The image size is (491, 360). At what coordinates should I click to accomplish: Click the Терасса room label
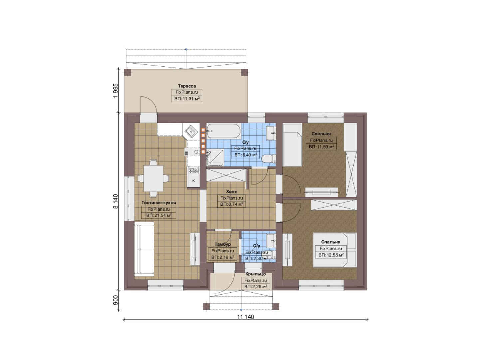pyautogui.click(x=187, y=86)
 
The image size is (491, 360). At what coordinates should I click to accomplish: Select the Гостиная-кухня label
pyautogui.click(x=159, y=203)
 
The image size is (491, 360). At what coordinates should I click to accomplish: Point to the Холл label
pyautogui.click(x=232, y=191)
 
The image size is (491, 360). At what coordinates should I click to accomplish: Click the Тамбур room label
pyautogui.click(x=222, y=244)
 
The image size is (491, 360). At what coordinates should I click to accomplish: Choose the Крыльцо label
pyautogui.click(x=255, y=274)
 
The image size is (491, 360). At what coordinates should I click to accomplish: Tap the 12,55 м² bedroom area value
pyautogui.click(x=335, y=255)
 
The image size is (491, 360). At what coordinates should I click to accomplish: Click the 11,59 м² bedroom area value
pyautogui.click(x=325, y=147)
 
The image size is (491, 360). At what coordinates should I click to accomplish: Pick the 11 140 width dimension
pyautogui.click(x=245, y=317)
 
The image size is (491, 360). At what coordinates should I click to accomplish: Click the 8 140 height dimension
pyautogui.click(x=116, y=201)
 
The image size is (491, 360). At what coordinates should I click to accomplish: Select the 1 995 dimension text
pyautogui.click(x=116, y=91)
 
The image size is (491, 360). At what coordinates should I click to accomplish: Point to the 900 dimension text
pyautogui.click(x=116, y=300)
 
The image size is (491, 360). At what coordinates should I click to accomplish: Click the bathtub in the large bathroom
pyautogui.click(x=224, y=131)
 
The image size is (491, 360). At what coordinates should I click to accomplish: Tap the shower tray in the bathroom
pyautogui.click(x=215, y=157)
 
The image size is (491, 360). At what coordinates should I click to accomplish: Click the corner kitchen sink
pyautogui.click(x=191, y=131)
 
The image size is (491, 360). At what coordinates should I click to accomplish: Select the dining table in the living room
pyautogui.click(x=153, y=178)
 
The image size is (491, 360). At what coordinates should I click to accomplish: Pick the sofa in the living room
pyautogui.click(x=144, y=249)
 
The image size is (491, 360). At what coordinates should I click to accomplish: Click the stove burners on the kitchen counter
pyautogui.click(x=193, y=170)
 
